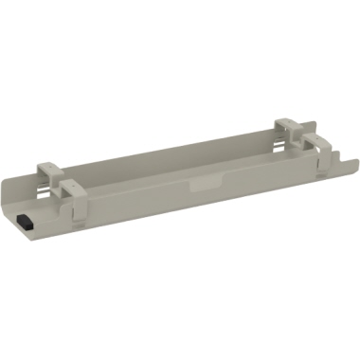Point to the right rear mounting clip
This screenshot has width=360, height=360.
(286, 127)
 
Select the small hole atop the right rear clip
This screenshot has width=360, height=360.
(285, 122)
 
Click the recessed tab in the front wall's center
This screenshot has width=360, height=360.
(202, 186)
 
